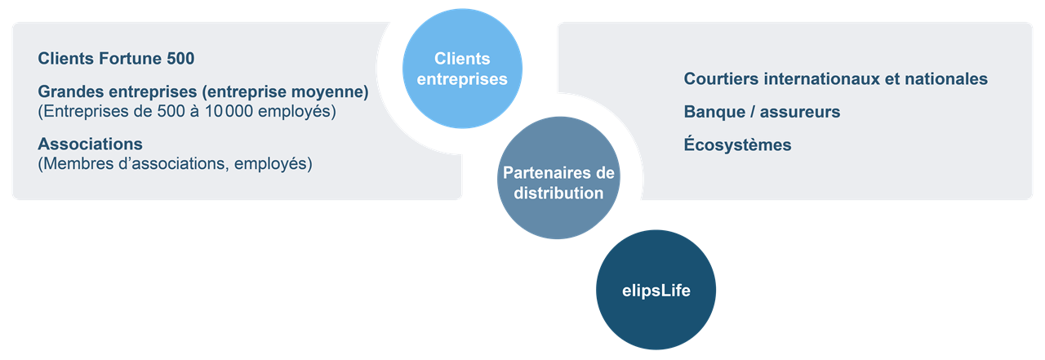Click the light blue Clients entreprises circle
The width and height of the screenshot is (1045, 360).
coord(462,69)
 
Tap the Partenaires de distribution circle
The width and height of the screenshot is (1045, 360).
coord(558,183)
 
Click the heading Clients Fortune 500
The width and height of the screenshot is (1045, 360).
coord(116,59)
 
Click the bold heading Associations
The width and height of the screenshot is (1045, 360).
coord(90,144)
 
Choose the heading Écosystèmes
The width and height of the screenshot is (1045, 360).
coord(737,145)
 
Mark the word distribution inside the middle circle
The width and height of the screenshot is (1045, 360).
coord(558,193)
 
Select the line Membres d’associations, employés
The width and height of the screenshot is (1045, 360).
coord(175,164)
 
